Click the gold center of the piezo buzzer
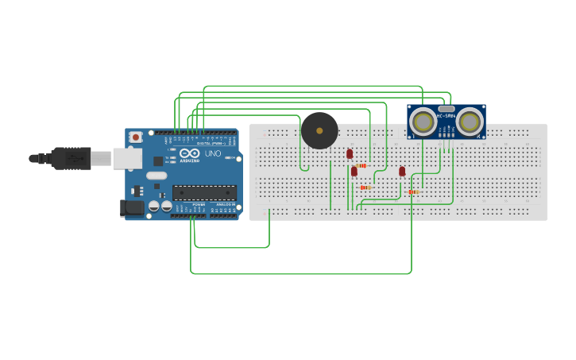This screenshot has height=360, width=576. tap(319, 130)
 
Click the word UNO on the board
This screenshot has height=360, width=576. tap(213, 153)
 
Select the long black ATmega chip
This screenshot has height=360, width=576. tap(204, 192)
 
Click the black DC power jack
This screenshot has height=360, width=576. tap(133, 208)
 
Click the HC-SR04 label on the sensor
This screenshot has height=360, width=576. tap(446, 116)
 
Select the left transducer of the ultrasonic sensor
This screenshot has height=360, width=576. tap(423, 122)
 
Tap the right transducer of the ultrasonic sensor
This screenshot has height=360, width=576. tap(470, 122)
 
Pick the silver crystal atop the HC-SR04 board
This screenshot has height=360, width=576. tap(446, 107)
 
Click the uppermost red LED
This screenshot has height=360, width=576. tap(350, 153)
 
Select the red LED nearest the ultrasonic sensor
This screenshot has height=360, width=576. tap(402, 171)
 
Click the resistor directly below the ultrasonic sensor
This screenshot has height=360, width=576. tap(412, 192)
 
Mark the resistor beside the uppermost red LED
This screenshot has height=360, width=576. tap(361, 165)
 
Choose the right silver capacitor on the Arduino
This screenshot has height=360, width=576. tap(167, 207)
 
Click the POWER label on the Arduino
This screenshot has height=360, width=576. tap(198, 204)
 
